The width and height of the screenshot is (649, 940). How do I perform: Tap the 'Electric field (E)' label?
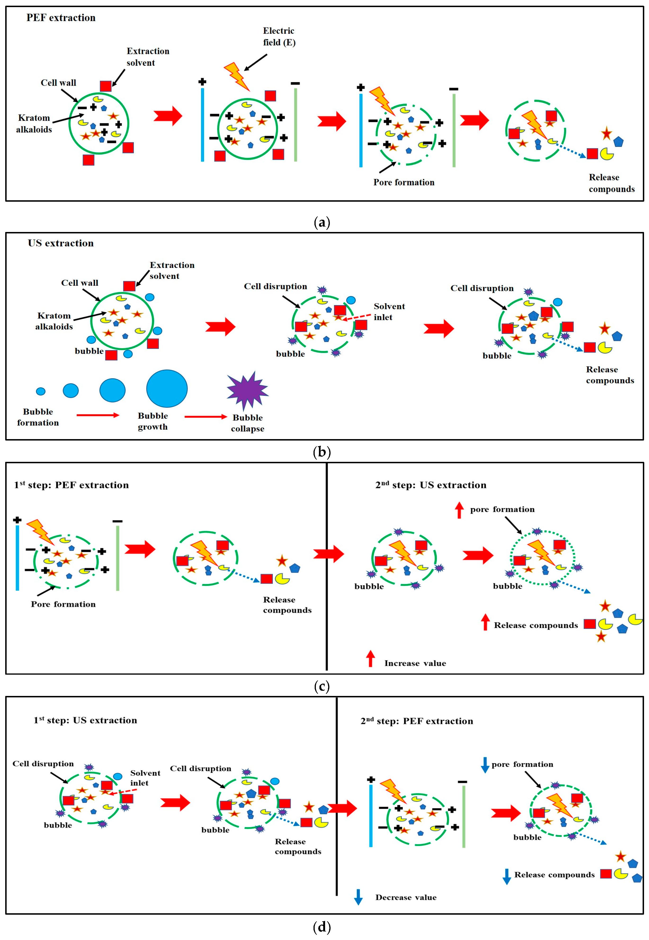point(279,37)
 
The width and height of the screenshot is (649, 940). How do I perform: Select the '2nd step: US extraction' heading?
point(431,485)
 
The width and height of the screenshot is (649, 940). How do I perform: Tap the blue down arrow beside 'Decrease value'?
point(358,896)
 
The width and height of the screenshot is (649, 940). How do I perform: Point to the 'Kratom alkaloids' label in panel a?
point(34,124)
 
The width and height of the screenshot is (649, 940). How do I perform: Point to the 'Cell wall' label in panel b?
point(80,283)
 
